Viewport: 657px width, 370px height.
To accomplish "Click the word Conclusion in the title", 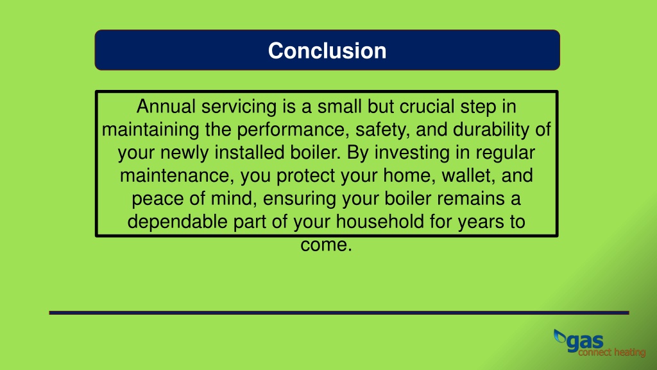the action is coord(327,51).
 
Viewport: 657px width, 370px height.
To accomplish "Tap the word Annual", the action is coord(166,107).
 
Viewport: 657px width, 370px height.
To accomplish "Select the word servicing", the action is coord(239,107).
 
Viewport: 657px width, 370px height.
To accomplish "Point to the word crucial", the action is coord(427,107).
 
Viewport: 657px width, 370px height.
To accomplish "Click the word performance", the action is coord(293,130).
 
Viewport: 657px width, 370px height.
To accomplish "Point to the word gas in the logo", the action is coord(585,342).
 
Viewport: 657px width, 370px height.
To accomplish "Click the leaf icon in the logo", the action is coord(559,336).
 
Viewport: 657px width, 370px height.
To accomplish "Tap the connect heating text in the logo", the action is coord(612,353).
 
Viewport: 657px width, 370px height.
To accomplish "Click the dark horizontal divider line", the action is coord(339,313).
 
